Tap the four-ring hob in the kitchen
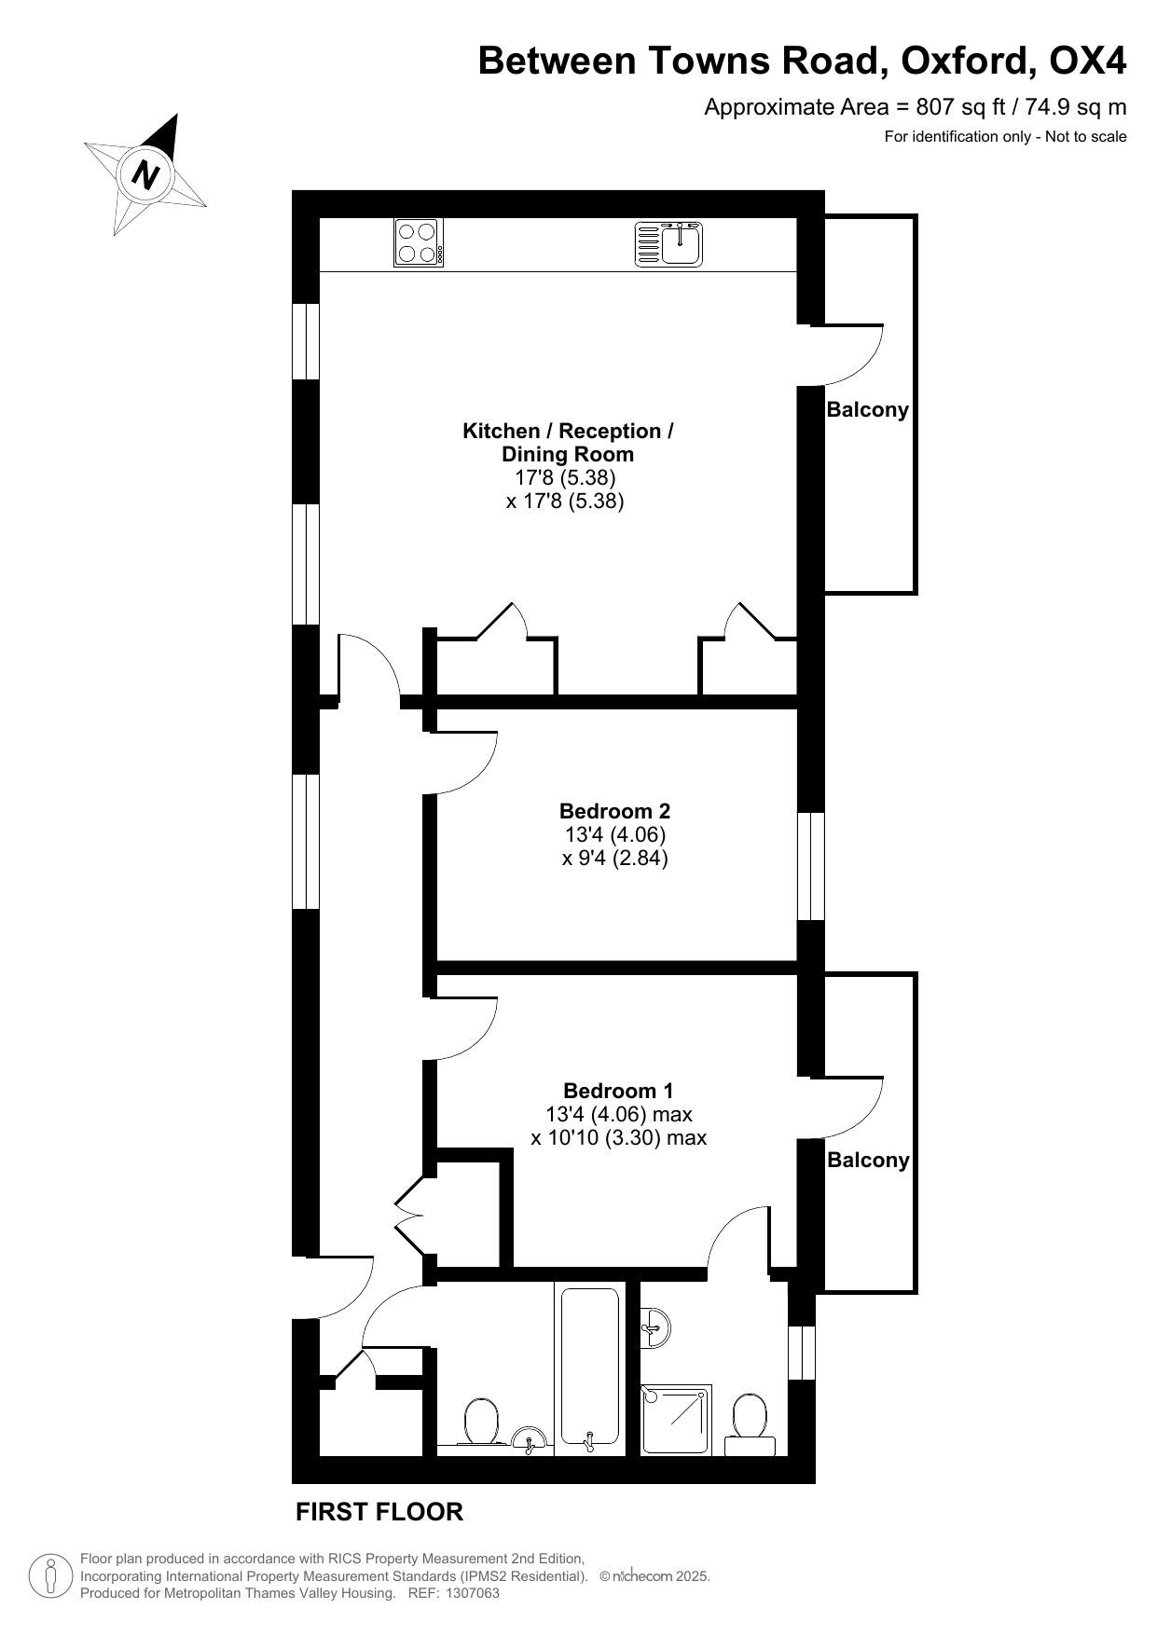[x=419, y=242]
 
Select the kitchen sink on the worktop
[x=668, y=243]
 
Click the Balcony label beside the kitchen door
[x=867, y=410]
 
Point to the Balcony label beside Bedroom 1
[x=868, y=1160]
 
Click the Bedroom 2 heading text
[x=614, y=811]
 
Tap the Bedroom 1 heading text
[x=618, y=1091]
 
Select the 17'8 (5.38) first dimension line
[x=566, y=478]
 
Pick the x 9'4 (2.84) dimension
[x=615, y=859]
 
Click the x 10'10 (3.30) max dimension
[x=619, y=1138]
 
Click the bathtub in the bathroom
[x=589, y=1368]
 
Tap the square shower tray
[x=676, y=1420]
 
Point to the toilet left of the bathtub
[x=482, y=1422]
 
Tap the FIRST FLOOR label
[x=379, y=1512]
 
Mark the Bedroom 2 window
[x=811, y=867]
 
